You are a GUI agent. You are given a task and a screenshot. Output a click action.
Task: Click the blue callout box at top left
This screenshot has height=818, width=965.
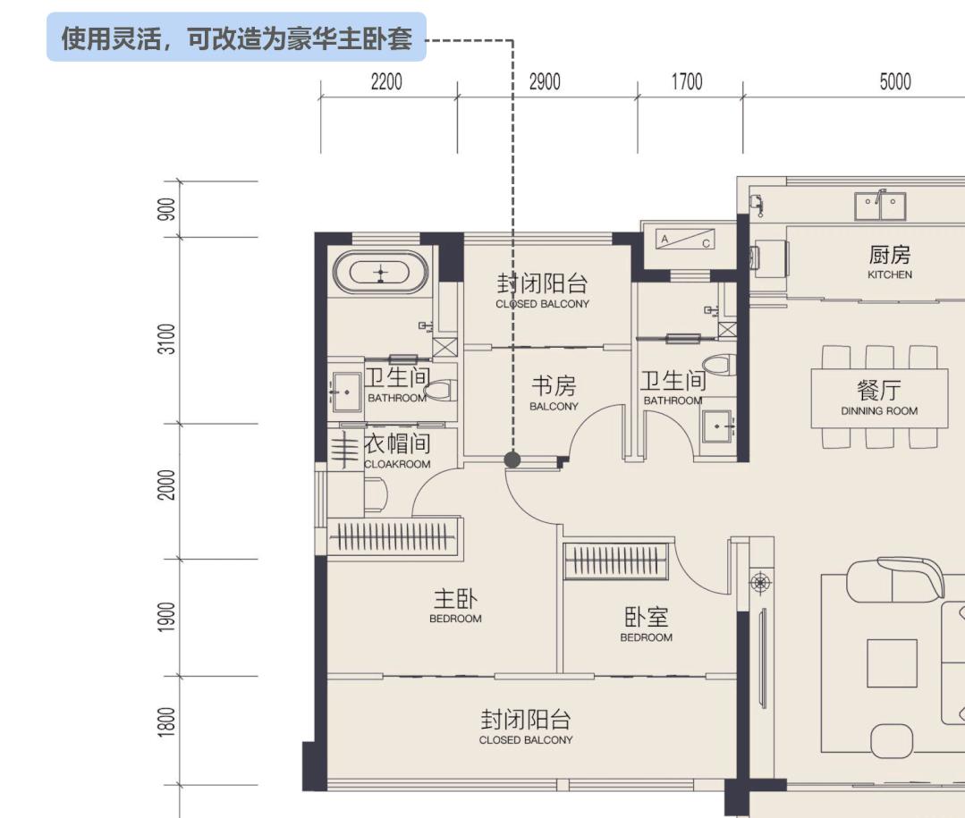tap(236, 38)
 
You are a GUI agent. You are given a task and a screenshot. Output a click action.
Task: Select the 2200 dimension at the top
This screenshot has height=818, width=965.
tap(386, 82)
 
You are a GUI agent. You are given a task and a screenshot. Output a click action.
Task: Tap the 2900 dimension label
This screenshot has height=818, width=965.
tap(545, 82)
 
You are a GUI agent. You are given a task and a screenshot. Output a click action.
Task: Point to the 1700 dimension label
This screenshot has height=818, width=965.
tap(687, 82)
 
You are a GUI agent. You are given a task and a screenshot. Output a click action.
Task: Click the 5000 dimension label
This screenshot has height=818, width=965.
tap(894, 82)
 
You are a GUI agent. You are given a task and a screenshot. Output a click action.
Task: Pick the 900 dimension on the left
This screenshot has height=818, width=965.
tap(165, 209)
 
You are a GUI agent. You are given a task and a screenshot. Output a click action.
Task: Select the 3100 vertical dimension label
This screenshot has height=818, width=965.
tap(165, 338)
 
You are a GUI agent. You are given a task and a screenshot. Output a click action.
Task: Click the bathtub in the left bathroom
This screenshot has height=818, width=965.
tap(382, 272)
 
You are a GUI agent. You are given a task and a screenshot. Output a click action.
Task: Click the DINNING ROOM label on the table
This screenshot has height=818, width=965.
tap(879, 398)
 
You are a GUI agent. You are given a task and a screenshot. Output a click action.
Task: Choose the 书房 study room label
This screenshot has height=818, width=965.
tap(554, 393)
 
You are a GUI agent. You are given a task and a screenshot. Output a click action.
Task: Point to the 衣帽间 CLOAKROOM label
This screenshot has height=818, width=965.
tap(397, 451)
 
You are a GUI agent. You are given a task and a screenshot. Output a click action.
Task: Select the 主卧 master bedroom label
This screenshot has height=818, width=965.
tap(455, 605)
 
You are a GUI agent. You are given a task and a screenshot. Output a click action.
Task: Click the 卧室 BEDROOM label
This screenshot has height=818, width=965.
tap(646, 624)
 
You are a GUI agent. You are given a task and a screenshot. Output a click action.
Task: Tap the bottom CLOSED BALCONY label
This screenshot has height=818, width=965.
tap(525, 727)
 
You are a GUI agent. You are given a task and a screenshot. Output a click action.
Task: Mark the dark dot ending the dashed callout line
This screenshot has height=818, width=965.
tap(512, 460)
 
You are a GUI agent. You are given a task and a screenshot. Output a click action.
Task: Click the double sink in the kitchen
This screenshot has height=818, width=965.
tap(880, 207)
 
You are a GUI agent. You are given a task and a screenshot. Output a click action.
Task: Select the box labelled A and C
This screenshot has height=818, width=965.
tap(685, 240)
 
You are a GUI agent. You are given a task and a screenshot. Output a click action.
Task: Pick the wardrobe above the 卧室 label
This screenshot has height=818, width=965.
tap(617, 561)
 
